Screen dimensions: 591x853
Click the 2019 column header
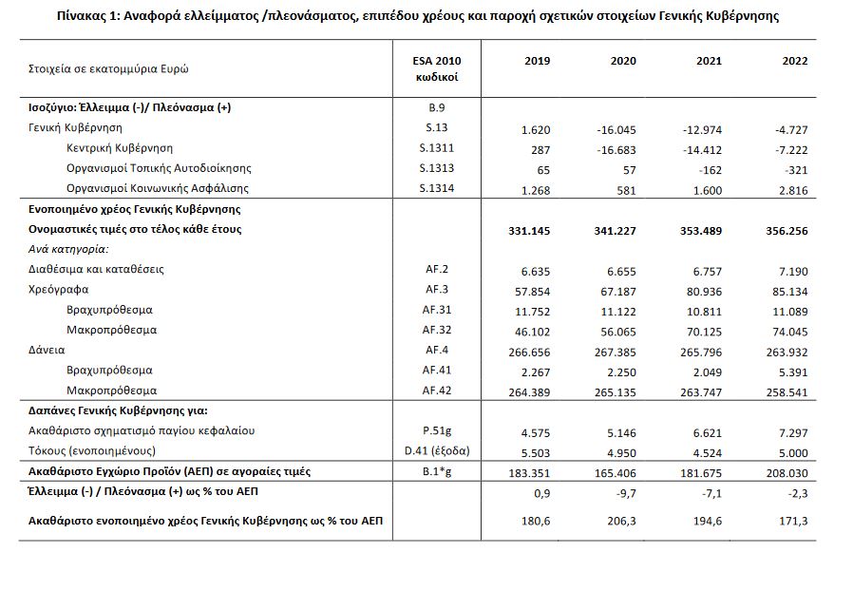coord(538,61)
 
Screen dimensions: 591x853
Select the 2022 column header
coord(795,61)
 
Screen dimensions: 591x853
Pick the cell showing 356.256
coord(786,229)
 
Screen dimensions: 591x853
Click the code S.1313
coord(438,168)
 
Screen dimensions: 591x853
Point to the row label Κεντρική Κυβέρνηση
coord(120,148)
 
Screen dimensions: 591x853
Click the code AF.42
coord(438,391)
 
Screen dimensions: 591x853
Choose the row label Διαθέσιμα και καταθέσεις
coord(95,269)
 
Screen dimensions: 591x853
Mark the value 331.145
coord(528,229)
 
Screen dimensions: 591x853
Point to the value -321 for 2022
coord(797,168)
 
